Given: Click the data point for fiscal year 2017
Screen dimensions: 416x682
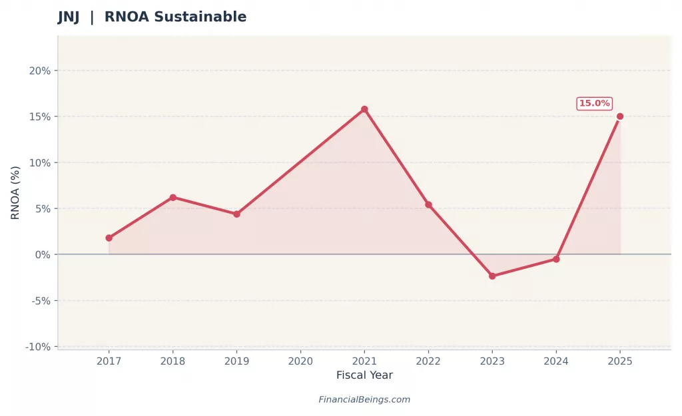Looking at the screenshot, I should click(109, 238).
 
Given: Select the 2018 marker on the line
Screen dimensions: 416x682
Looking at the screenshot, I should click(172, 197).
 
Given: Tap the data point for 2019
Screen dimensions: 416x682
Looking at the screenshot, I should click(236, 214).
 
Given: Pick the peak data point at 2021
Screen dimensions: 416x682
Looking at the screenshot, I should click(364, 109).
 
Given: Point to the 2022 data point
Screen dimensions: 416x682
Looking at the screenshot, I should click(428, 204).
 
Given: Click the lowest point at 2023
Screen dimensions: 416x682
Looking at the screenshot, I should click(492, 276).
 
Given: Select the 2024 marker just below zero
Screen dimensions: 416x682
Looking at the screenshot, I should click(556, 259).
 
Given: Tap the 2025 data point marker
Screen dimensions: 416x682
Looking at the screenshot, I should click(620, 116).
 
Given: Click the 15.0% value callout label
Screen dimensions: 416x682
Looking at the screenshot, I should click(594, 103).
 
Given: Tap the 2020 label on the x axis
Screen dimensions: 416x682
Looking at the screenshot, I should click(300, 361).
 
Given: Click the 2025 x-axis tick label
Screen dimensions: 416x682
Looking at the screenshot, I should click(620, 361).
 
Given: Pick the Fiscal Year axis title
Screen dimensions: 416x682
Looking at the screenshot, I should click(364, 375).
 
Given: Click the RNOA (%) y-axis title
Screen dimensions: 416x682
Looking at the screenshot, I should click(15, 192).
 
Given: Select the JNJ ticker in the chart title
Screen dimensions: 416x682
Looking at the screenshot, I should click(69, 17).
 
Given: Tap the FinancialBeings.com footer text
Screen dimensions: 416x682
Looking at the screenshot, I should click(364, 399).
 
